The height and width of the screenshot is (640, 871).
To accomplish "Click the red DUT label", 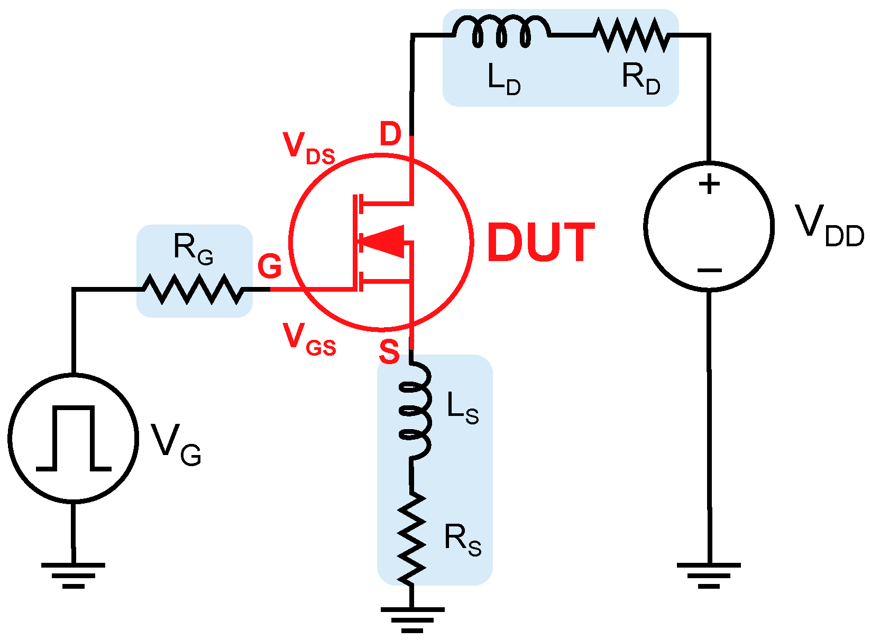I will [x=540, y=243].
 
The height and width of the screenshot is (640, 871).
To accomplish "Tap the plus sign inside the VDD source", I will [x=709, y=184].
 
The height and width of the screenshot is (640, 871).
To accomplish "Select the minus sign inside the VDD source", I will [x=709, y=271].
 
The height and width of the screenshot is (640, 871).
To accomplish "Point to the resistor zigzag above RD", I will [x=630, y=35].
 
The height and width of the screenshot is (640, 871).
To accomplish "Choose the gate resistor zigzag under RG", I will [x=193, y=289].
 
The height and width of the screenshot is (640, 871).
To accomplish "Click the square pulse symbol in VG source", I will [x=74, y=438].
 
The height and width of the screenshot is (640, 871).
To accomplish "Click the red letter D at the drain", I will [x=390, y=134].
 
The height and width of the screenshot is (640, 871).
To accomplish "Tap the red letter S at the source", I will [x=389, y=351].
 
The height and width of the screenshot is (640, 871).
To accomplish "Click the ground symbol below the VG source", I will [x=74, y=575].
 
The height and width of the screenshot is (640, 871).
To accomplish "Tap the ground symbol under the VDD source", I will [x=709, y=575].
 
